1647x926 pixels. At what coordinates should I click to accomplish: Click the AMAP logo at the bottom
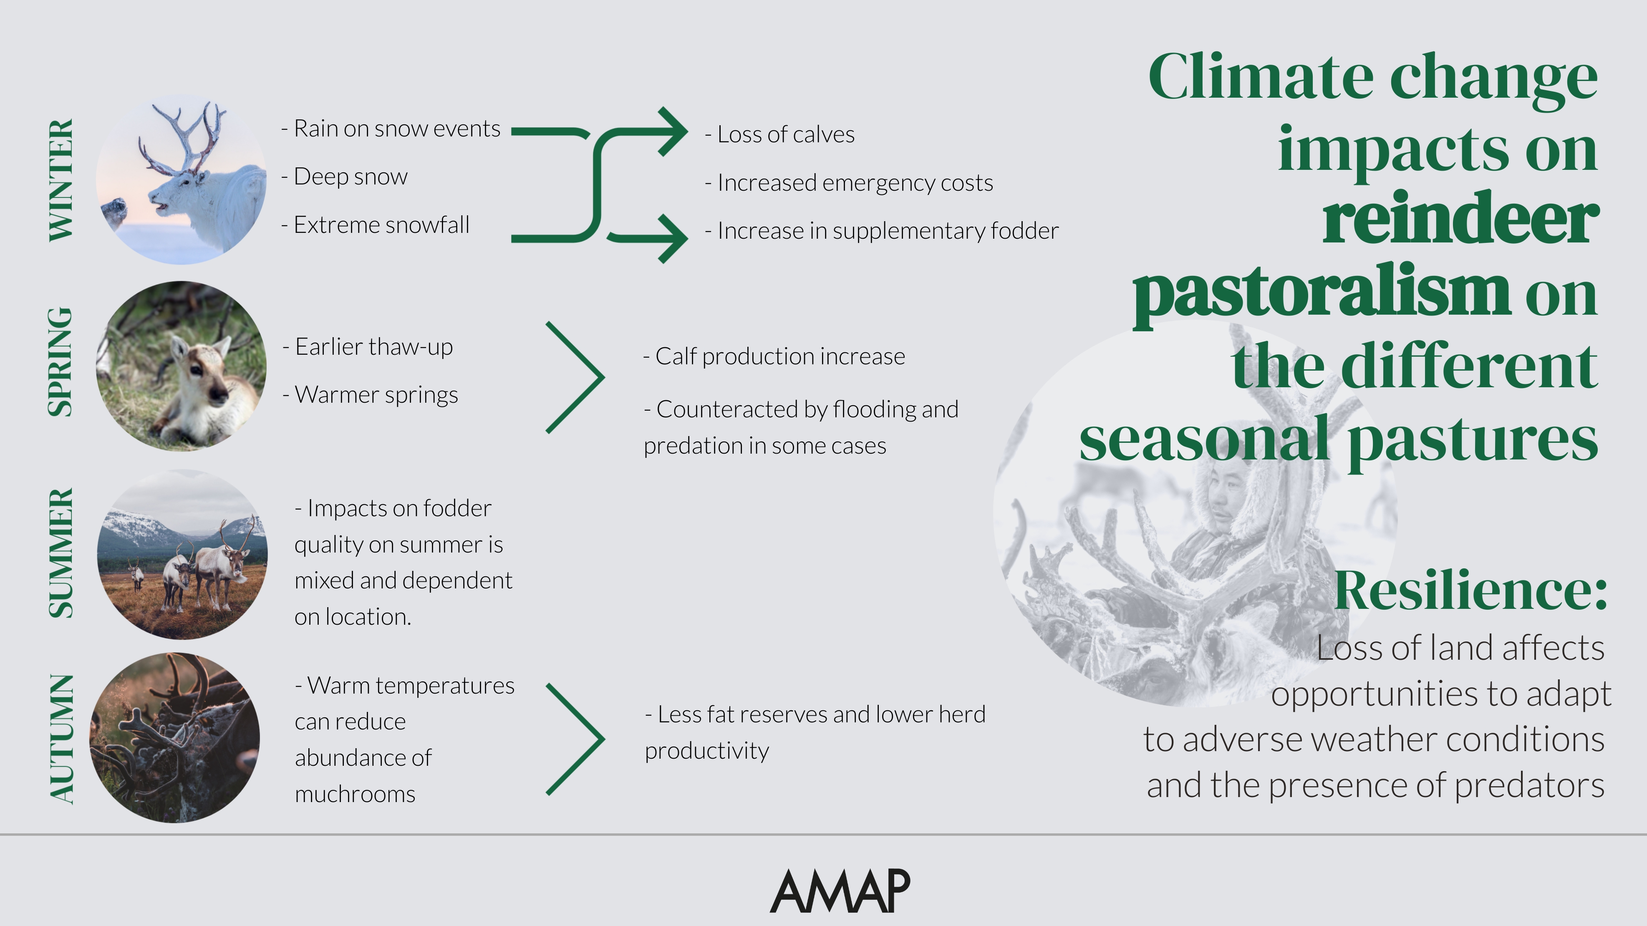coord(840,891)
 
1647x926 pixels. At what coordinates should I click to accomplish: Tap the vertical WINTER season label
coord(61,180)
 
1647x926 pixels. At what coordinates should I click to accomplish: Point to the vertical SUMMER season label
coord(61,553)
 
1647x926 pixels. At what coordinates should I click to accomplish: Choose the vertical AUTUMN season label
coord(61,739)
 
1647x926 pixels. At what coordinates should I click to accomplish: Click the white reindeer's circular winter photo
coord(182,180)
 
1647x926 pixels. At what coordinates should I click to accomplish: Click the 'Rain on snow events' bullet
coord(391,129)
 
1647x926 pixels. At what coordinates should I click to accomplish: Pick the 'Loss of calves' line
coord(779,134)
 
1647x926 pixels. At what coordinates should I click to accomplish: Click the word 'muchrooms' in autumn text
coord(355,794)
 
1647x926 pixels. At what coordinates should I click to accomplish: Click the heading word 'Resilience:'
coord(1470,590)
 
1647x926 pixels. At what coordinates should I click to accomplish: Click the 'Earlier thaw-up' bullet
coord(368,347)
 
